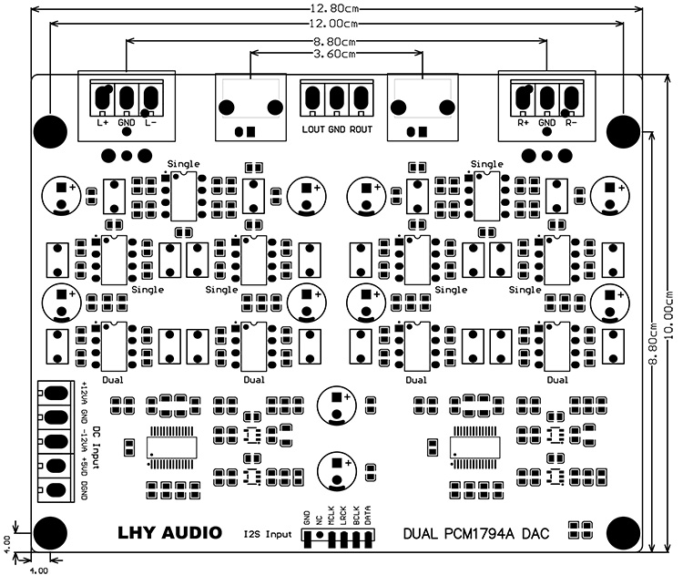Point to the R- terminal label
(x=571, y=121)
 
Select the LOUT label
(x=313, y=129)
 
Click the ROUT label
(x=362, y=129)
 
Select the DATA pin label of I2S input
(x=368, y=517)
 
